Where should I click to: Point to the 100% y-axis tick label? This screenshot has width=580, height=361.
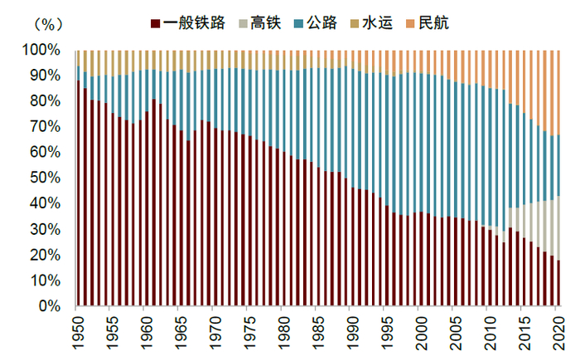(x=43, y=50)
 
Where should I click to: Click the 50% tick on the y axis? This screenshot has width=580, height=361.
(x=46, y=178)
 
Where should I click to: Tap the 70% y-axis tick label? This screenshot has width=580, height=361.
(x=46, y=126)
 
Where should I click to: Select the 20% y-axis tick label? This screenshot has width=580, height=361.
(x=46, y=255)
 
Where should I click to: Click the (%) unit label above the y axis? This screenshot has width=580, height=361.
(x=44, y=25)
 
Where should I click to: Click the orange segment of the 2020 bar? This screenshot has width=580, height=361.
(x=560, y=91)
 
